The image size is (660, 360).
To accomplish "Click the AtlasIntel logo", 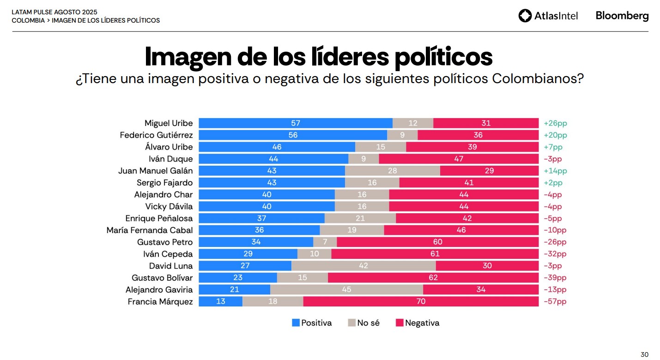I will coord(548,16).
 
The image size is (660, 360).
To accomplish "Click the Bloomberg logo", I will coord(622,16).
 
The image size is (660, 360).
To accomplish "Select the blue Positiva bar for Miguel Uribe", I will coord(296,123).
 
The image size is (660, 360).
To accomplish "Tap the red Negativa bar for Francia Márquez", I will coord(421,301).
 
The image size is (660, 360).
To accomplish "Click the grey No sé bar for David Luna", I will coord(363,266).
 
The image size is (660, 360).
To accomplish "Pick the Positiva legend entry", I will coord(312,323).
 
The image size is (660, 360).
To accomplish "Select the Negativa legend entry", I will coord(418,323).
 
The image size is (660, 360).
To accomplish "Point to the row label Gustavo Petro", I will coord(165,242).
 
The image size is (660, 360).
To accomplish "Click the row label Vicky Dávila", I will coord(169,206).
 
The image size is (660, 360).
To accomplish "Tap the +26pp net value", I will coord(555,123).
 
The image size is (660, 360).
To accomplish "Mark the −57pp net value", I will coord(555,301).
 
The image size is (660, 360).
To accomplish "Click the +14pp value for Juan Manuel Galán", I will coord(555,171).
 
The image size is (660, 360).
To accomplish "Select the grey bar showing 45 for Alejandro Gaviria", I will coord(346,289).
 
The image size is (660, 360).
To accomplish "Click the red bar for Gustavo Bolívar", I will coord(433,278).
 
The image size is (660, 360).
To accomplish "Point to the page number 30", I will coord(644,354).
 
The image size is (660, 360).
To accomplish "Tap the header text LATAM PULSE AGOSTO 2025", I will coord(54,12).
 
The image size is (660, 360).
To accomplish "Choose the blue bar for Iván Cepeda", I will coord(248,254).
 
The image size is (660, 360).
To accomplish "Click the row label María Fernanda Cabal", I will coord(150,230).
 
